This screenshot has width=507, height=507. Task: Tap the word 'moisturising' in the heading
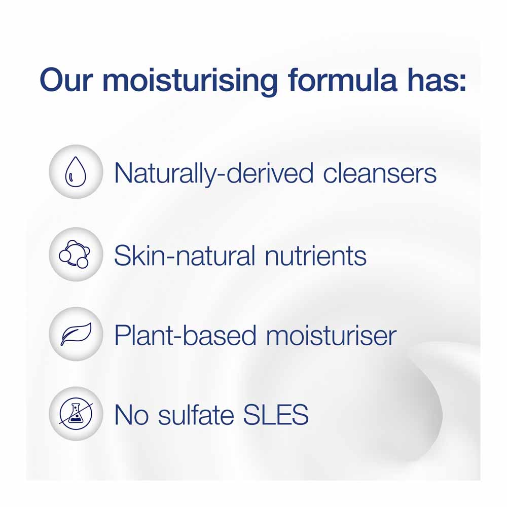pos(190,80)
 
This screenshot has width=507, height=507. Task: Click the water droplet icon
pos(76,172)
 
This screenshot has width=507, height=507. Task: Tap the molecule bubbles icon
pos(75,254)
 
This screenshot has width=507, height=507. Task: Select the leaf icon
pos(76,334)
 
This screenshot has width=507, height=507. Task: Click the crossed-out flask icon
pos(76,414)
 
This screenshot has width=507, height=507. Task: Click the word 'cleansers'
pos(380,173)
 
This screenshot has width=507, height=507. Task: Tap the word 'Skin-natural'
pos(185,256)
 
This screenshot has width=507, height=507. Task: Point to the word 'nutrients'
pos(315,256)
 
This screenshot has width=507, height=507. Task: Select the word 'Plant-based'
pos(185,335)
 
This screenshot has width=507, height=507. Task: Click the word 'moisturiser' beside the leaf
pos(331,335)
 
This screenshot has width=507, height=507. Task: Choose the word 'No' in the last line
pos(131,415)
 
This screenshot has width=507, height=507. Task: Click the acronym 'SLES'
pos(276,415)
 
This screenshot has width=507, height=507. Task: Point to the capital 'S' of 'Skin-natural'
pos(123,256)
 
